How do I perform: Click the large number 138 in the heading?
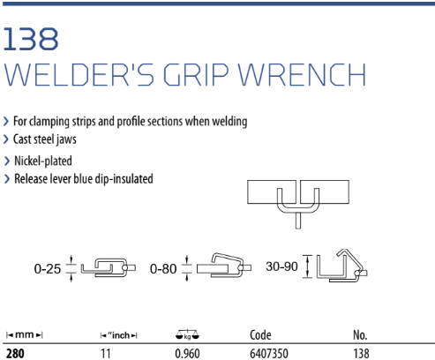31,39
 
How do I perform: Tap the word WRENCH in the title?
302,75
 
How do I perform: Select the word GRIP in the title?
196,75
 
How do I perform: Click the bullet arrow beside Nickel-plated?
7,161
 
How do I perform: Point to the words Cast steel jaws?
45,139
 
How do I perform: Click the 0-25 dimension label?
48,269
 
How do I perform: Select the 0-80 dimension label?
163,269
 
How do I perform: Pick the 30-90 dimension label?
281,266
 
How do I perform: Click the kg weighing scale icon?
187,334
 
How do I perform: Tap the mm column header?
25,334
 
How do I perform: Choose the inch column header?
119,335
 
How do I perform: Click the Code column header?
260,335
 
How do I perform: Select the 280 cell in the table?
15,354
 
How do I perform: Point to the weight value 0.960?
187,354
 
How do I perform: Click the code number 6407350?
269,354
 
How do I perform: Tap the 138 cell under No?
361,354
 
